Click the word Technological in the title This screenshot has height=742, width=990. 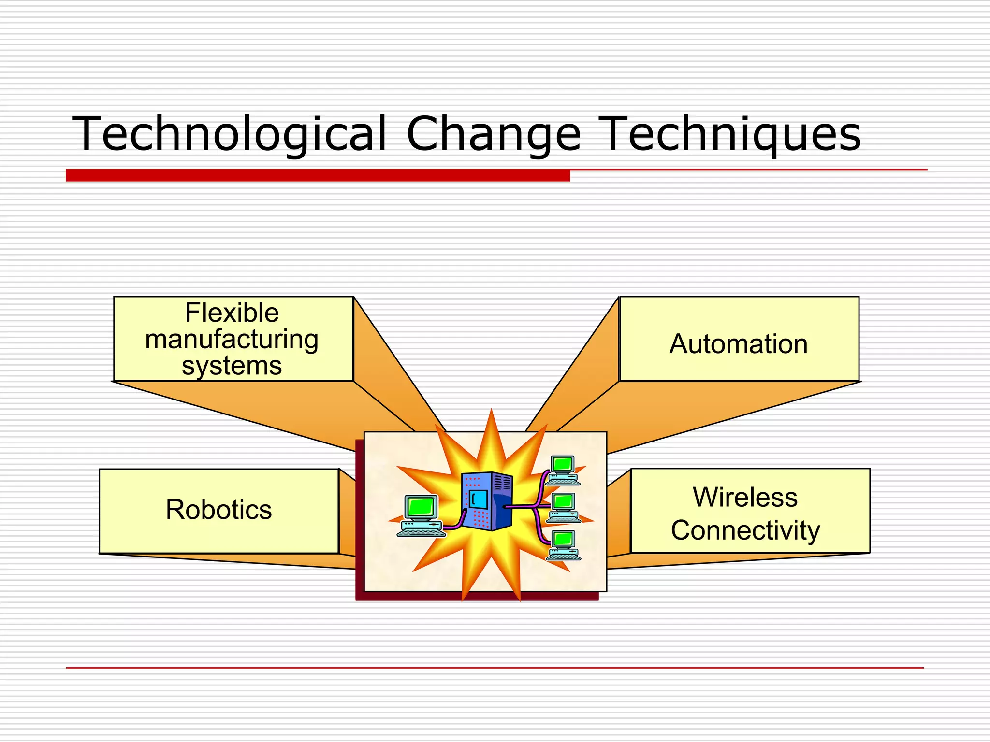pos(230,134)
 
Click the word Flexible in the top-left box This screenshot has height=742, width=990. pos(232,313)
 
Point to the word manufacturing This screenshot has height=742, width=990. pos(232,339)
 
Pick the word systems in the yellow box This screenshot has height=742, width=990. pos(232,366)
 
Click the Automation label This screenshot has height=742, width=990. pos(738,344)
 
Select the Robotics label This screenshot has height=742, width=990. pos(218,510)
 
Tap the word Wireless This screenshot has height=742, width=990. pos(745,497)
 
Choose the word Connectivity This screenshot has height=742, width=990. pos(745,530)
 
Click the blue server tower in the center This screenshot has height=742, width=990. pos(487,501)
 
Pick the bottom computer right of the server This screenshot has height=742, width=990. pos(564,545)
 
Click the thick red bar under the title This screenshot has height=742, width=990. pos(318,175)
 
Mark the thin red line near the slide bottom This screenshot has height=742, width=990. pos(495,668)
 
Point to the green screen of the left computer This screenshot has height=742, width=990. pos(421,507)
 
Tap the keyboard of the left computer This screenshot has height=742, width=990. pos(421,532)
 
